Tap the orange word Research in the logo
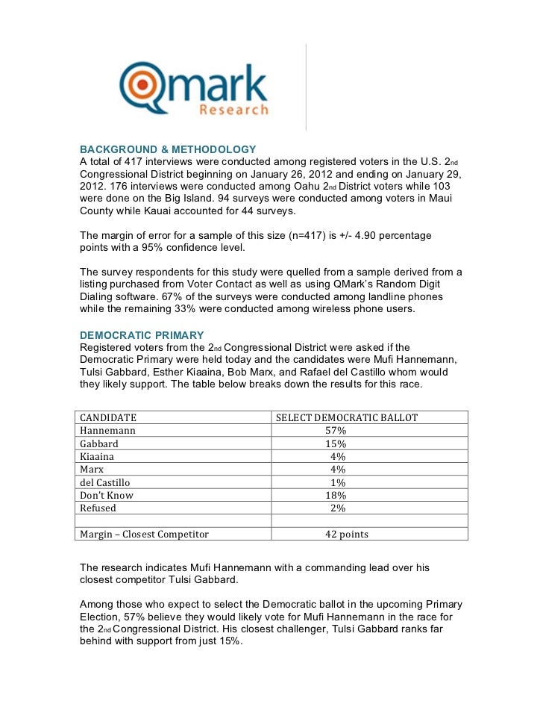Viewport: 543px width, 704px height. point(233,110)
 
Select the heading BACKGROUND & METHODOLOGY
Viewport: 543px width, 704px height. point(168,149)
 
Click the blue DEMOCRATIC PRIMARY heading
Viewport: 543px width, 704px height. point(142,334)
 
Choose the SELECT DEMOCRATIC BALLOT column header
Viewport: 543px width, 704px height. point(347,417)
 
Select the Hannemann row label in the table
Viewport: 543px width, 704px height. point(108,430)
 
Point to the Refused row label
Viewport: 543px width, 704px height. point(98,508)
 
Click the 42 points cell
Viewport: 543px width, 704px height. point(346,534)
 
